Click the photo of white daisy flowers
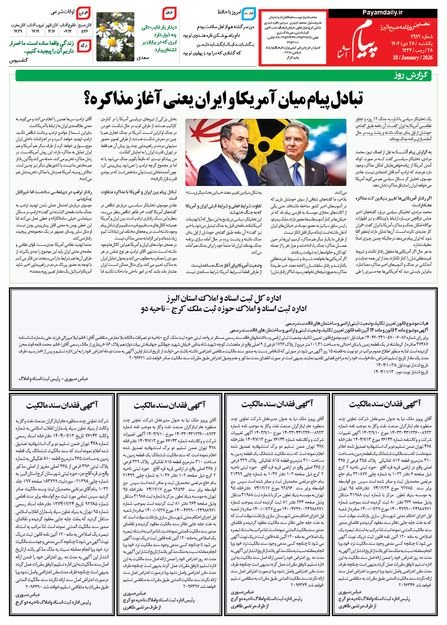(x=115, y=36)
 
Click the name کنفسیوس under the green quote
(x=19, y=60)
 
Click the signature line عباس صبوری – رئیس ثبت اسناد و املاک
(x=53, y=378)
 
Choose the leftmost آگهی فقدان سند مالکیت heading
(x=62, y=404)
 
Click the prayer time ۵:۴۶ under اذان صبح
(x=84, y=31)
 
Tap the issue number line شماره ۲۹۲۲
(x=422, y=36)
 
